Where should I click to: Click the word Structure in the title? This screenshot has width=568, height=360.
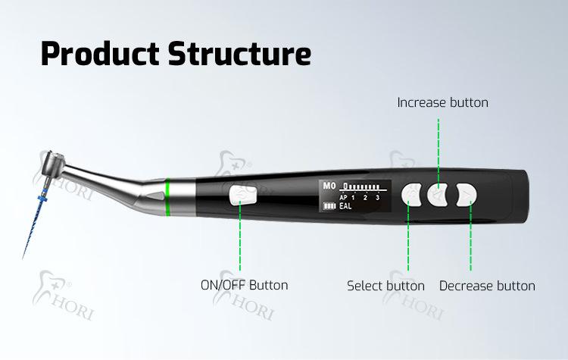238,54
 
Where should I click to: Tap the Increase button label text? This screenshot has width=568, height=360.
442,102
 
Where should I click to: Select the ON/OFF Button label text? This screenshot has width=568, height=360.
244,285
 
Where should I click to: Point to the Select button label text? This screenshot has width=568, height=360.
385,286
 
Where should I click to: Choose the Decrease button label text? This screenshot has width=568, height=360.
487,286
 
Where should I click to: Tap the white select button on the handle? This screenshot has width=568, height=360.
411,195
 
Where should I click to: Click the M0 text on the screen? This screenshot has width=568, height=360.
329,185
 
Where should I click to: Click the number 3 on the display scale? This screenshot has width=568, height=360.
376,197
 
